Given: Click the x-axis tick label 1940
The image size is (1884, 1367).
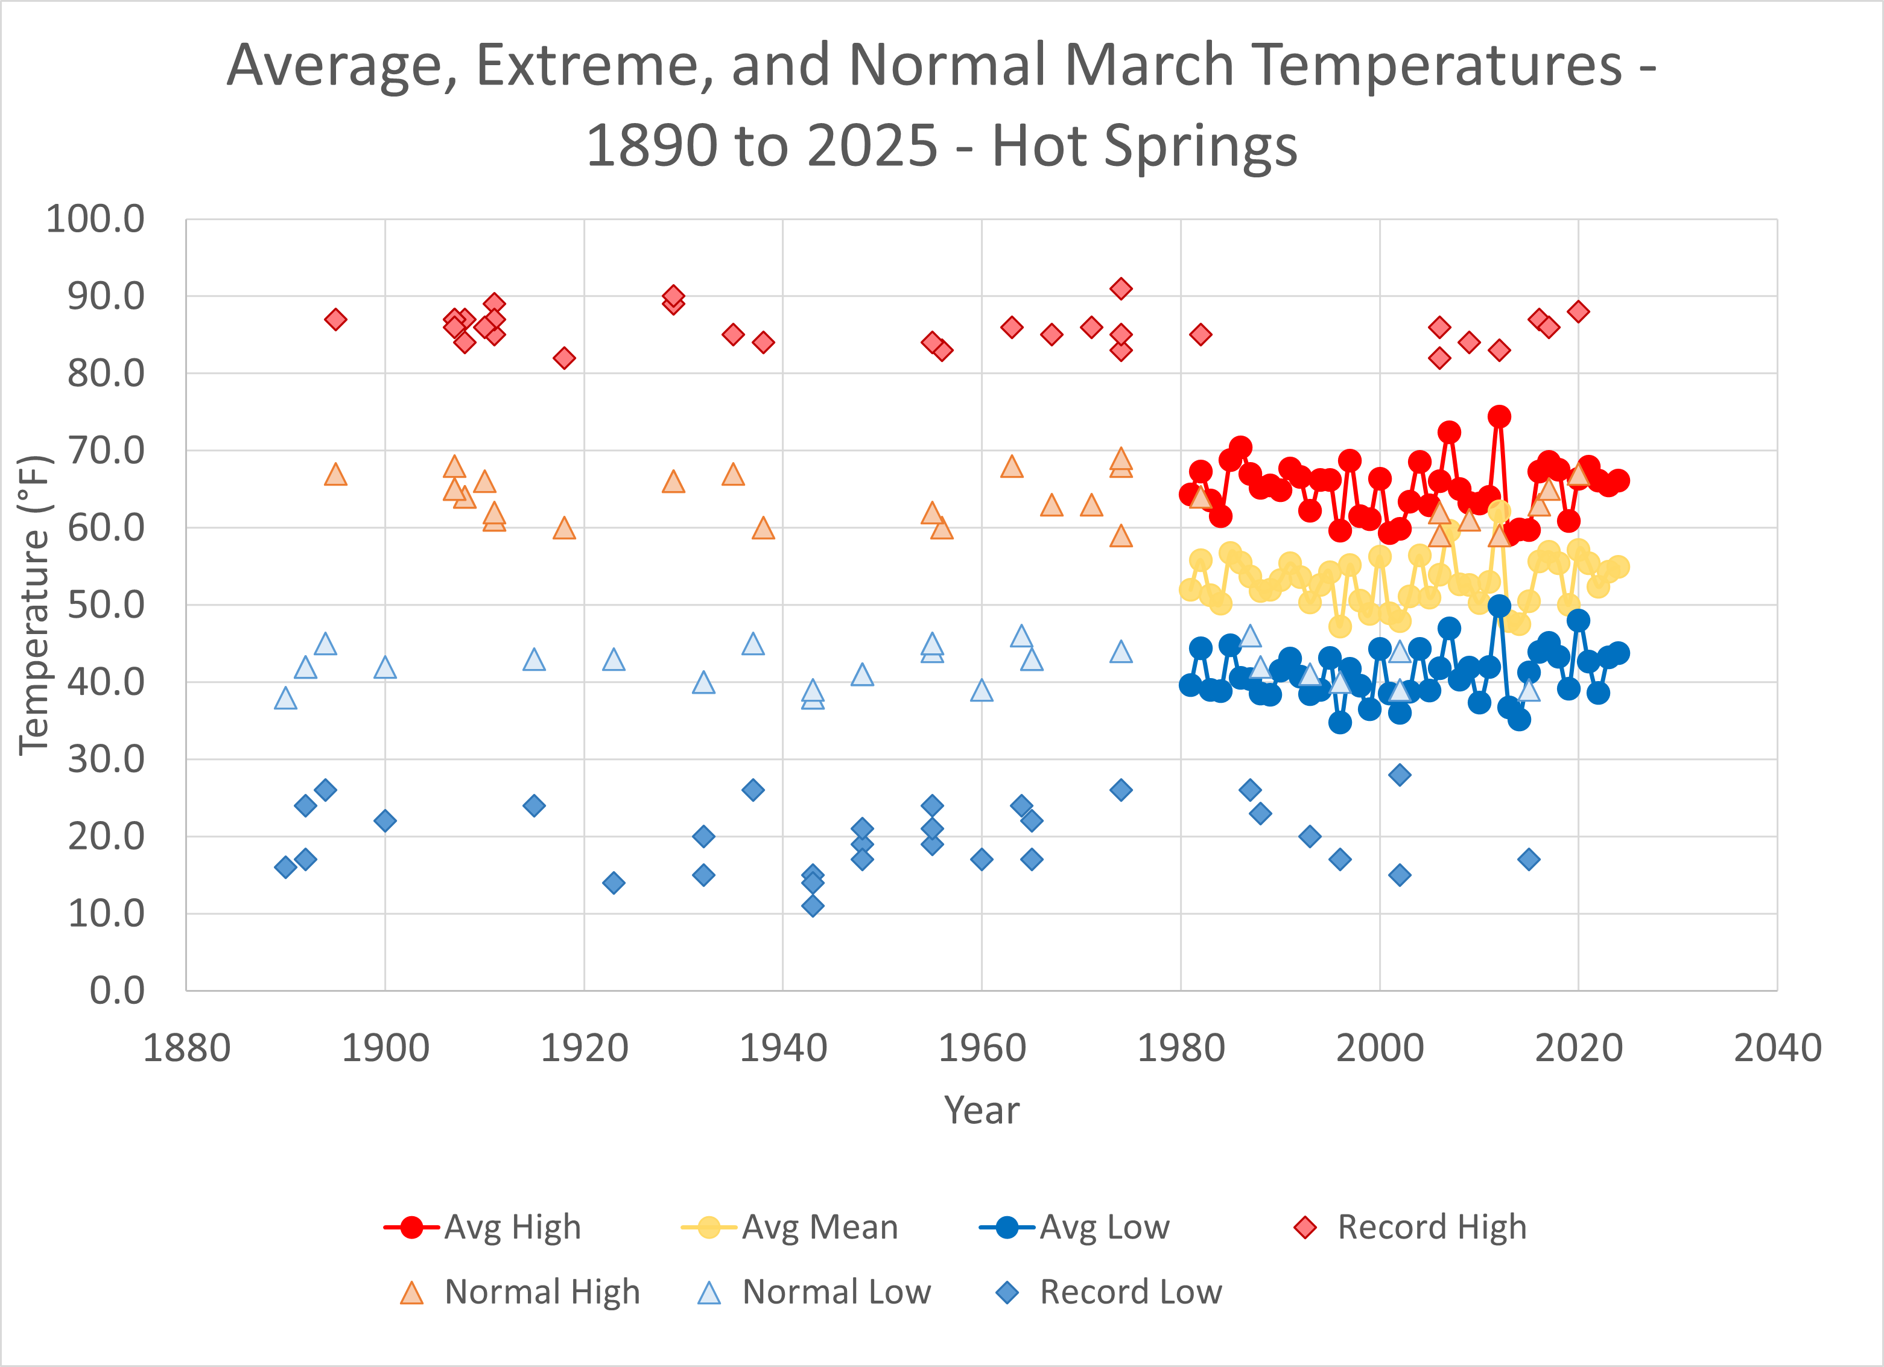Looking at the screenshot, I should tap(782, 1048).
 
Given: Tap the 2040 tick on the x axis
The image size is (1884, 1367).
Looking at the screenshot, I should tap(1777, 1048).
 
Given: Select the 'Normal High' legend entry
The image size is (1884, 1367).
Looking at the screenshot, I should tap(520, 1292).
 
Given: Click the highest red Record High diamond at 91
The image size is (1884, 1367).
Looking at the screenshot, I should tap(1121, 289).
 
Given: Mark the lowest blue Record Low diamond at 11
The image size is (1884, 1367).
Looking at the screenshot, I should tap(813, 906).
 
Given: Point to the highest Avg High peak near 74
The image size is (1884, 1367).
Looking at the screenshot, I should tap(1499, 416).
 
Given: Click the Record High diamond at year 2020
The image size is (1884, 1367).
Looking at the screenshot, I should tap(1578, 311).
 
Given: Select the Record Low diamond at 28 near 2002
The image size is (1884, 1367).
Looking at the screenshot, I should tap(1400, 775).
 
